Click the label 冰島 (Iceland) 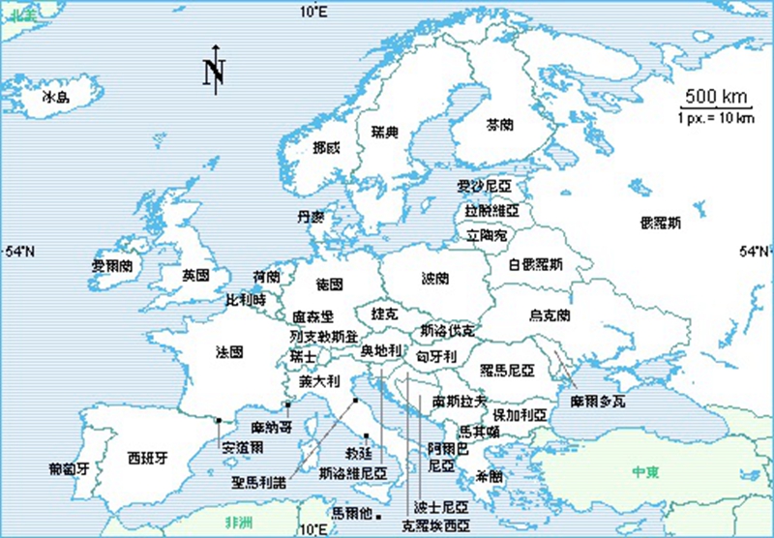pyautogui.click(x=56, y=98)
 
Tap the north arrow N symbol pyautogui.click(x=214, y=70)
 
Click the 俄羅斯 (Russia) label pyautogui.click(x=660, y=223)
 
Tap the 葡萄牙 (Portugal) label pyautogui.click(x=69, y=469)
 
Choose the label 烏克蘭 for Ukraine pyautogui.click(x=550, y=315)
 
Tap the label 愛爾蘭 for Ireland pyautogui.click(x=110, y=265)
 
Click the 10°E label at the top pyautogui.click(x=313, y=12)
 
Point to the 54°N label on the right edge pyautogui.click(x=754, y=252)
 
